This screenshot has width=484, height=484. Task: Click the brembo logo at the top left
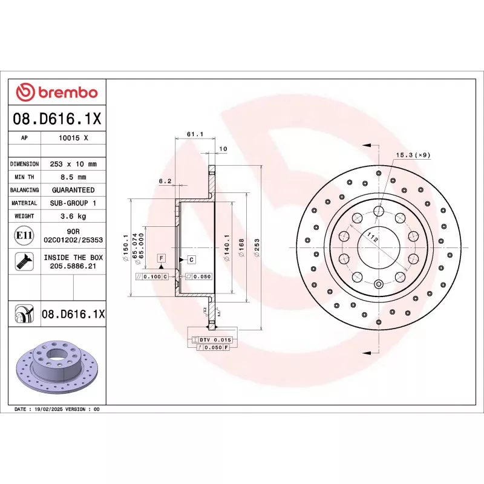pos(56,93)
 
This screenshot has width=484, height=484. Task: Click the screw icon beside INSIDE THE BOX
pos(24,261)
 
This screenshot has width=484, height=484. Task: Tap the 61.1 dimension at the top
pos(194,134)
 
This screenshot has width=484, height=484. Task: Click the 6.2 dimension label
pos(165,181)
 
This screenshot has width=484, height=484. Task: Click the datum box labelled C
pos(191,260)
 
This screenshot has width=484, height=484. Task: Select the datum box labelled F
pos(162,258)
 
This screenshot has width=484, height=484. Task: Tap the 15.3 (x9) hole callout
pos(413,155)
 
